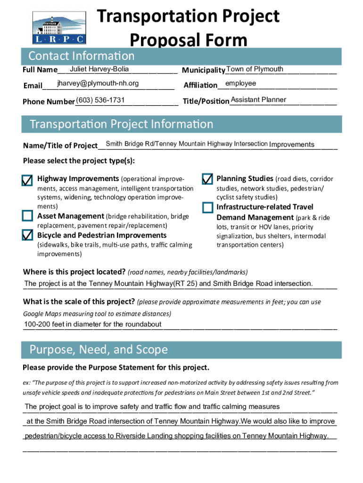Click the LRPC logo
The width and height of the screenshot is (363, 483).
tap(59, 27)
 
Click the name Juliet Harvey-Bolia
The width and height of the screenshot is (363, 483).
tap(99, 70)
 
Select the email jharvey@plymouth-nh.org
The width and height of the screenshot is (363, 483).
tap(98, 83)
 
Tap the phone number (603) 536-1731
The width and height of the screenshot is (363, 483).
tap(100, 100)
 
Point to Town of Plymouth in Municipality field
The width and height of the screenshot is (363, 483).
tap(255, 70)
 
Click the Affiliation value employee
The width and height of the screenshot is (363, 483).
tap(240, 83)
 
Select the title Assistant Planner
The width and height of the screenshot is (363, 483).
tap(258, 100)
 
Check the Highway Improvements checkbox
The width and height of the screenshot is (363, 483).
tap(27, 180)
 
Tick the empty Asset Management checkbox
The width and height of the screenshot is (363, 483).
tap(27, 216)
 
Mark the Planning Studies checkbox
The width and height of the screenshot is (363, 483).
tap(207, 179)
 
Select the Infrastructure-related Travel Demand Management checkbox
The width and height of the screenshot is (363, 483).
tap(207, 208)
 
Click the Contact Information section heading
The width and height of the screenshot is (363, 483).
tap(82, 56)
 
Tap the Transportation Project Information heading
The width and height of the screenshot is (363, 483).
tap(122, 125)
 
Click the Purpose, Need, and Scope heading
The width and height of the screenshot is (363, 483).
tap(99, 350)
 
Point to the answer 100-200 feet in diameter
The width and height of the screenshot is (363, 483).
tap(93, 325)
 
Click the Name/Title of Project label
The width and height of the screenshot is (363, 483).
tap(60, 145)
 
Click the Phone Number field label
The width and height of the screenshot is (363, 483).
tap(49, 102)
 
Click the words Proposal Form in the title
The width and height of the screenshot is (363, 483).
tap(188, 40)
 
